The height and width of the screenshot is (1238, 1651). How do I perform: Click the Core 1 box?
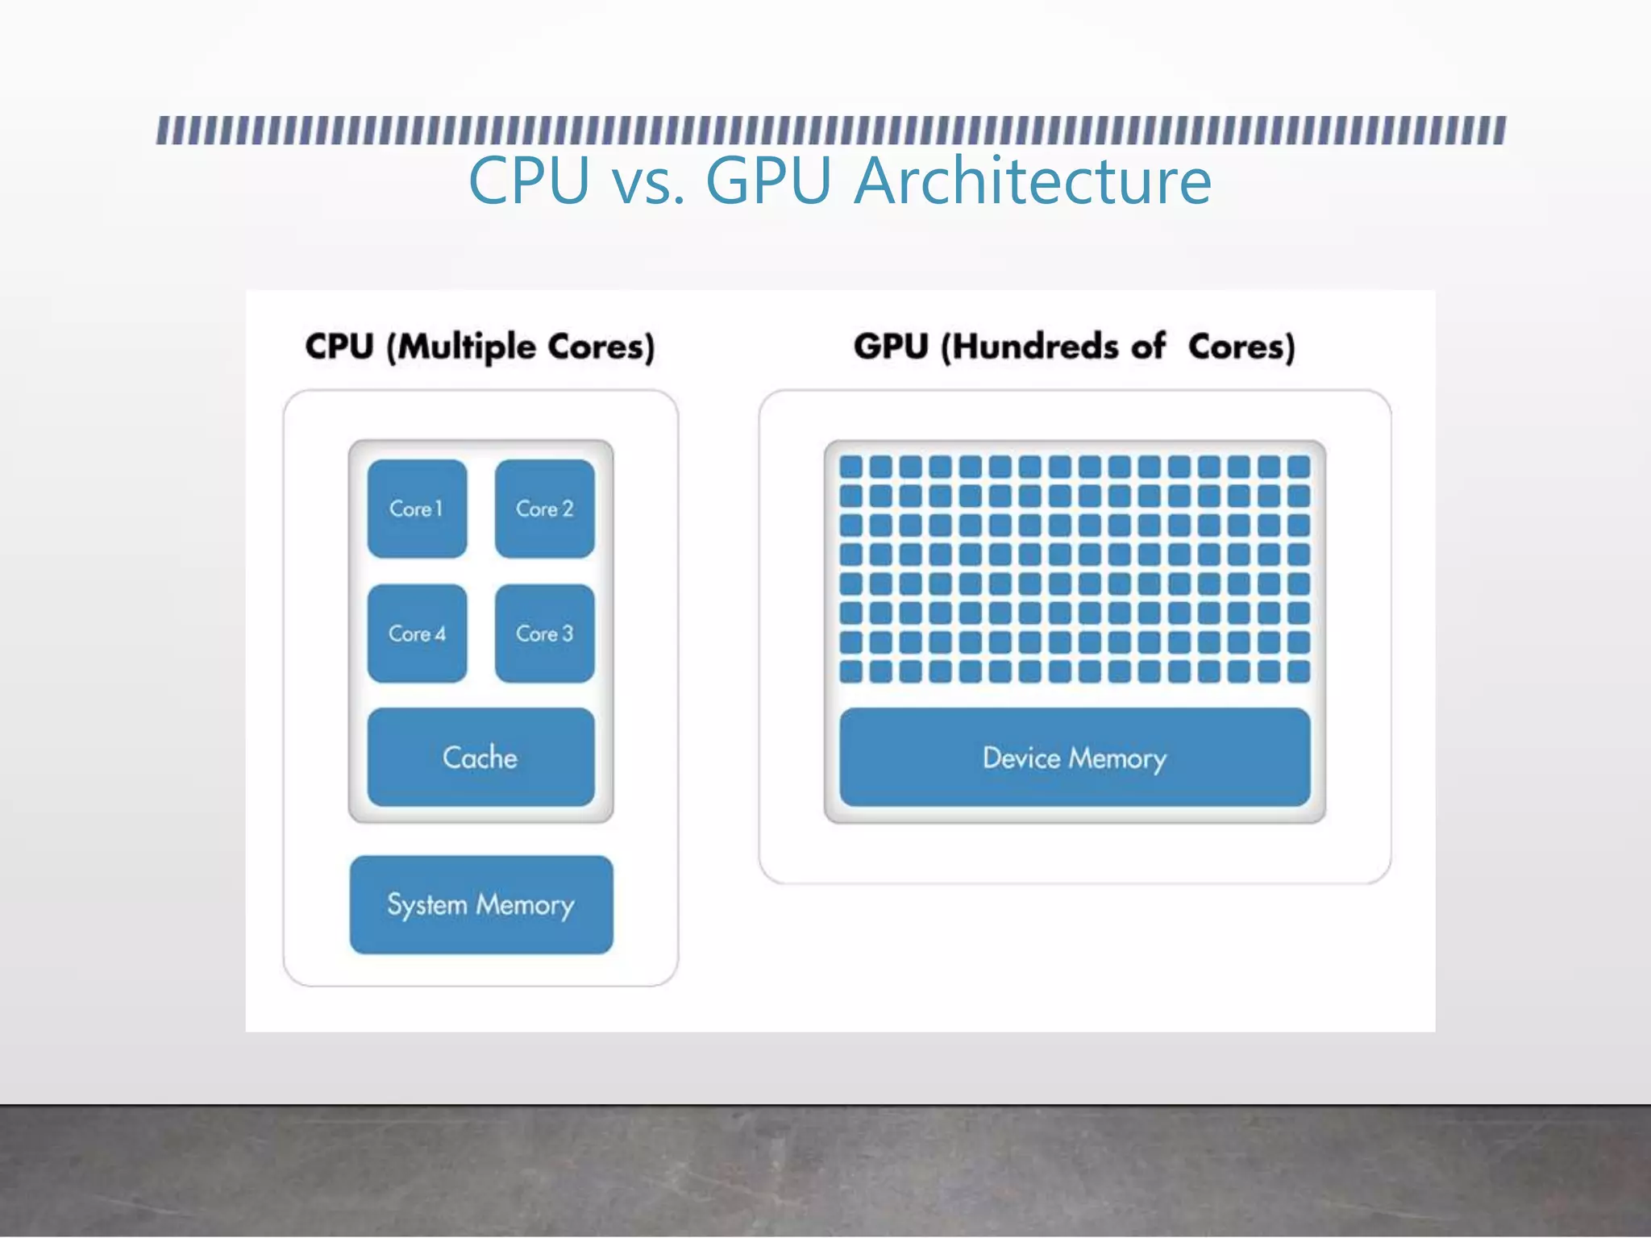[417, 509]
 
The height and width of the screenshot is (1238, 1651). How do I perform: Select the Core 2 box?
[545, 509]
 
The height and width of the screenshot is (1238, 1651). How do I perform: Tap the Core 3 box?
[545, 634]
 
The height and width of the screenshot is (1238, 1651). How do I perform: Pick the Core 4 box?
[417, 634]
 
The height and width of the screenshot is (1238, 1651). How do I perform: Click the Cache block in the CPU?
[480, 758]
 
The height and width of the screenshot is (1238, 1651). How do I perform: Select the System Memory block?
[481, 904]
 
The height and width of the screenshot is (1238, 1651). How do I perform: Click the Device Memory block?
[1075, 758]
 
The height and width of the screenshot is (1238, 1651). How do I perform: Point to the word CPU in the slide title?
[529, 181]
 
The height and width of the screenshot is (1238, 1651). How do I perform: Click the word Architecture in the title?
[1032, 181]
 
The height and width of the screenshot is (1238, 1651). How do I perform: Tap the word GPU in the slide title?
[767, 181]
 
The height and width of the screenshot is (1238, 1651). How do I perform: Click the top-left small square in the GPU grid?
[850, 467]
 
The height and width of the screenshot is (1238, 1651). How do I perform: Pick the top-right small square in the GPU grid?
[1299, 467]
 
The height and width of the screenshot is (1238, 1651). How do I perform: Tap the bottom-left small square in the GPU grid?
[850, 671]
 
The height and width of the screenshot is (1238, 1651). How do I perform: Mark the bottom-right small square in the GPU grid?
[1299, 671]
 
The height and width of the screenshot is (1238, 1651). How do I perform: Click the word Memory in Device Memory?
[1117, 758]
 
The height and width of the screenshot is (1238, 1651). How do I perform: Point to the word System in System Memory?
[427, 905]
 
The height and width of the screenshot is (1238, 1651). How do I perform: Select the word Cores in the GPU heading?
[1241, 347]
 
